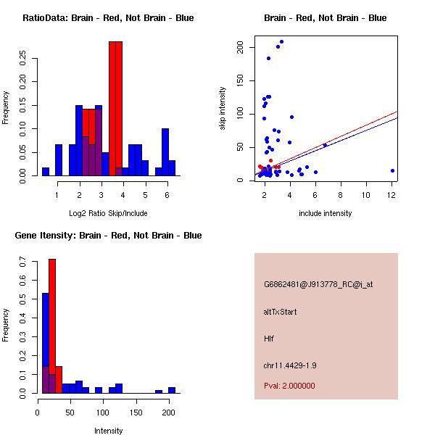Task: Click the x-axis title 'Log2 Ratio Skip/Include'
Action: click(x=108, y=213)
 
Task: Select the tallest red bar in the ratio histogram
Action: click(x=115, y=109)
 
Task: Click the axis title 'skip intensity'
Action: click(x=223, y=109)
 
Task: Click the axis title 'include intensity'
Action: click(x=326, y=213)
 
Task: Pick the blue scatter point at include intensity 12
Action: click(x=392, y=170)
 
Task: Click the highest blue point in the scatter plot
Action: click(x=281, y=42)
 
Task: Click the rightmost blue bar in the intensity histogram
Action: click(x=172, y=390)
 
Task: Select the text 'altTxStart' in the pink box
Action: click(x=280, y=312)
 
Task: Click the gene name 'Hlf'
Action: click(x=268, y=339)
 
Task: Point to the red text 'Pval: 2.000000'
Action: click(x=289, y=386)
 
